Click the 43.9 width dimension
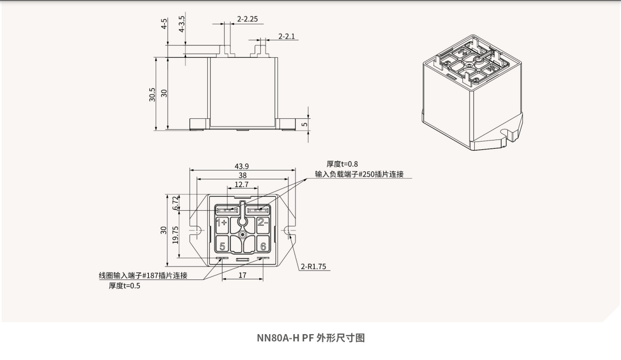pyautogui.click(x=242, y=166)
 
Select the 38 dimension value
pyautogui.click(x=242, y=176)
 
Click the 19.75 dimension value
pyautogui.click(x=176, y=234)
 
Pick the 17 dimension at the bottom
pyautogui.click(x=242, y=275)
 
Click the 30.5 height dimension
pyautogui.click(x=152, y=95)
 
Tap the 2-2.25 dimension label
pyautogui.click(x=247, y=19)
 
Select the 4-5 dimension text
pyautogui.click(x=164, y=24)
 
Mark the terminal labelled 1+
pyautogui.click(x=222, y=223)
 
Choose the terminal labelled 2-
pyautogui.click(x=262, y=223)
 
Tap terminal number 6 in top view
pyautogui.click(x=262, y=246)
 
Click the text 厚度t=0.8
pyautogui.click(x=342, y=165)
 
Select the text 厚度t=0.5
pyautogui.click(x=124, y=286)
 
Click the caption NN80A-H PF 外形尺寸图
pyautogui.click(x=311, y=338)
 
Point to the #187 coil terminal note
pyautogui.click(x=143, y=275)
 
